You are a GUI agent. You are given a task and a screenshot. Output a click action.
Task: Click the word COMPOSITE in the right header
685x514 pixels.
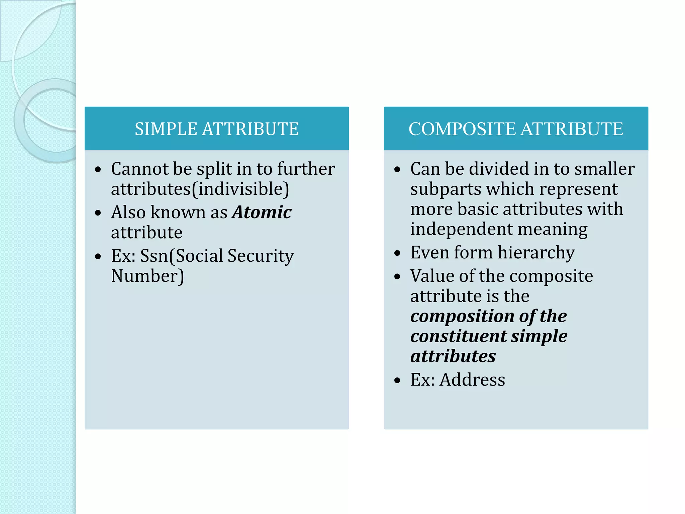[x=463, y=129]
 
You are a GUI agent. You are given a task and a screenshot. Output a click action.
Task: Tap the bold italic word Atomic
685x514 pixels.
[x=262, y=212]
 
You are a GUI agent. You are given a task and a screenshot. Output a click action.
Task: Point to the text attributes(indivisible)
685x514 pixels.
[x=200, y=189]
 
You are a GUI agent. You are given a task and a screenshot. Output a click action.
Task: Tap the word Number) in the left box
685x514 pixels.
[x=148, y=276]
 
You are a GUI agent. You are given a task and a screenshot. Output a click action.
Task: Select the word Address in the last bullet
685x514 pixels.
[x=472, y=380]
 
